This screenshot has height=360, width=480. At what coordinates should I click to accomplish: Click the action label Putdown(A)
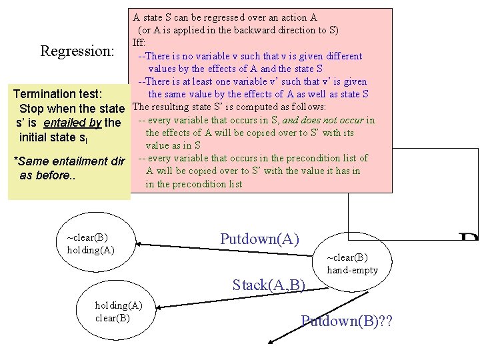coord(259,239)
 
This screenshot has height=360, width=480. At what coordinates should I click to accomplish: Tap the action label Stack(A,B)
coord(269,285)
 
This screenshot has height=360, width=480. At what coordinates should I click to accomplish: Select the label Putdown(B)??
coord(347,322)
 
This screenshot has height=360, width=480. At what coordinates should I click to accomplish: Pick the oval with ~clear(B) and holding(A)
coord(97,244)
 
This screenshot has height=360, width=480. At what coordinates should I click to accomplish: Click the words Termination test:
coord(58,94)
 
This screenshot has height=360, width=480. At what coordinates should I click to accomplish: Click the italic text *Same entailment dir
coord(73,161)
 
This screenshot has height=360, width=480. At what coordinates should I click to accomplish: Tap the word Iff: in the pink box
coord(143,43)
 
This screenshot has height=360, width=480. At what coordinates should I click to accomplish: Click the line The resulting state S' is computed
coord(229,107)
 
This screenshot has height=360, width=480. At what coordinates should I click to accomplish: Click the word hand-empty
coord(352,270)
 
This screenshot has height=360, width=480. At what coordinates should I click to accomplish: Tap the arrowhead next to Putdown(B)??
coord(272,343)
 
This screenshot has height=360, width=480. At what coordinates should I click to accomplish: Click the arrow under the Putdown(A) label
coord(227,253)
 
